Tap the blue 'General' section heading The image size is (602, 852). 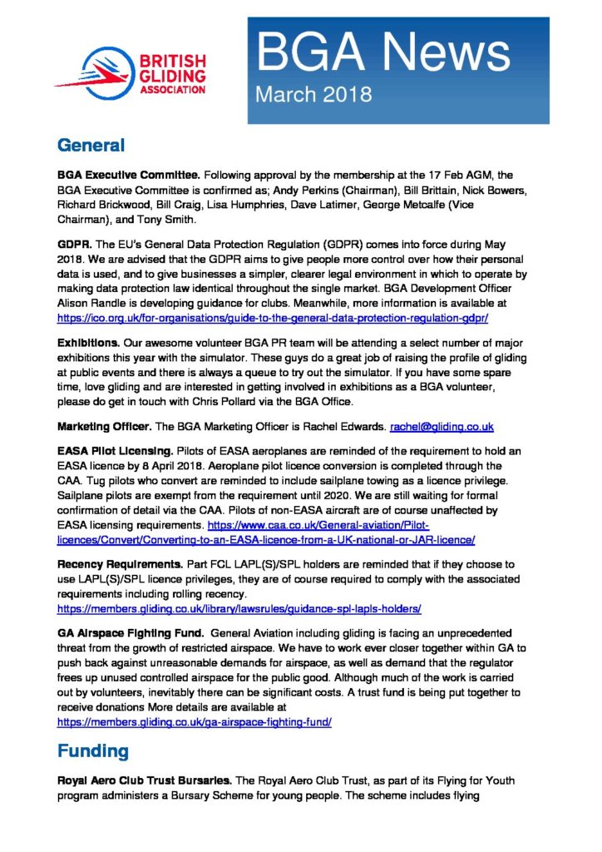[91, 146]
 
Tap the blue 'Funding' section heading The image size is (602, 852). [92, 751]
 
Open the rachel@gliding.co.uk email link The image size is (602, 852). [442, 426]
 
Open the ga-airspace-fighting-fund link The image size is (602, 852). [195, 721]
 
